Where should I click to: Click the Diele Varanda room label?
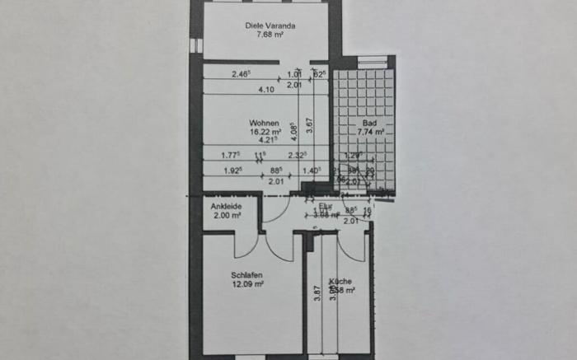point(270,26)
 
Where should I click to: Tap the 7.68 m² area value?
point(270,35)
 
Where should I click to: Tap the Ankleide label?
point(225,206)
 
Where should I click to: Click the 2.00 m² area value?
point(225,215)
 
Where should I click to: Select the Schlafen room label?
point(246,276)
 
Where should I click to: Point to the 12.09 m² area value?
point(247,284)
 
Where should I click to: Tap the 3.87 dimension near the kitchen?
point(317,295)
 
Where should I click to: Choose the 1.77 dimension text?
point(231,154)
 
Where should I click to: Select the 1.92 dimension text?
point(233,171)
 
